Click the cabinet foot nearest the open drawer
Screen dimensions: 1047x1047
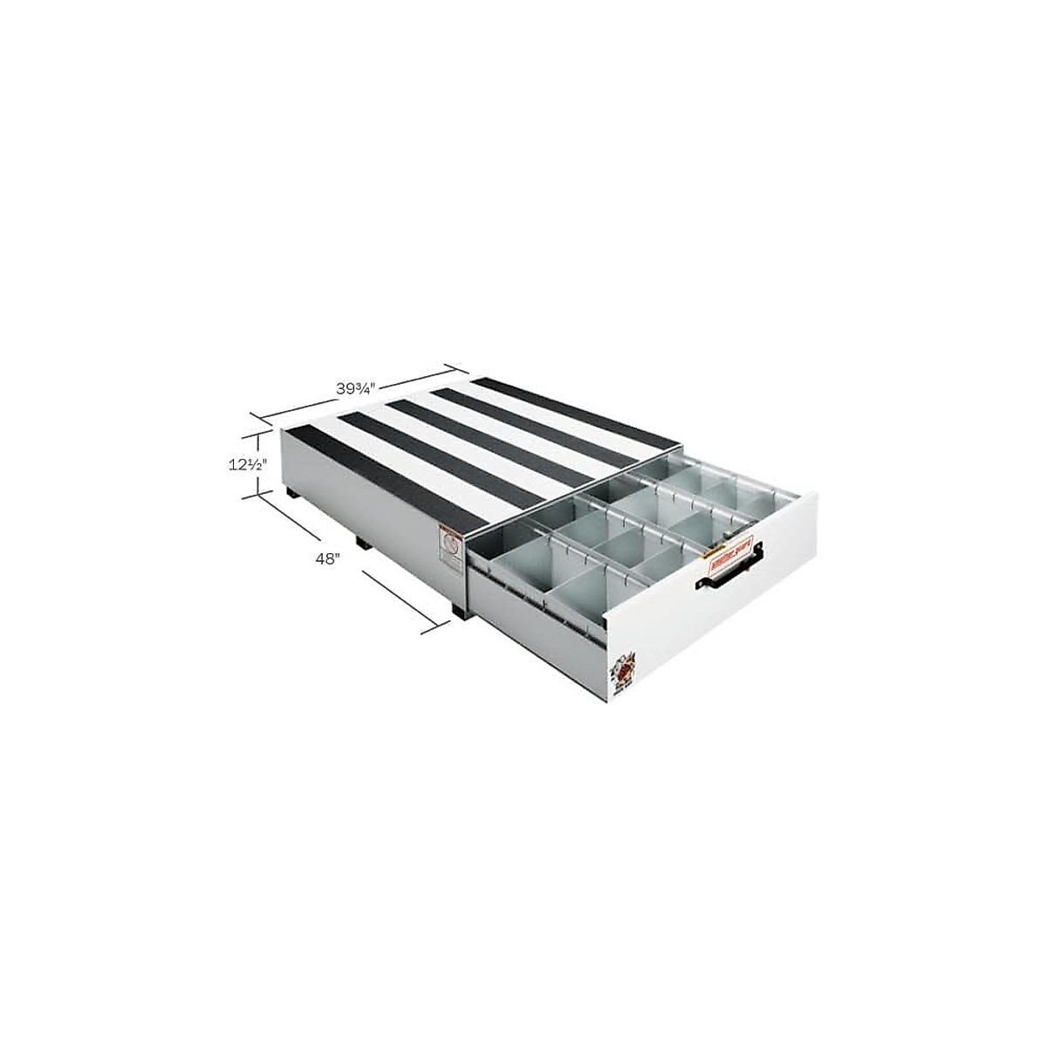pos(457,609)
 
